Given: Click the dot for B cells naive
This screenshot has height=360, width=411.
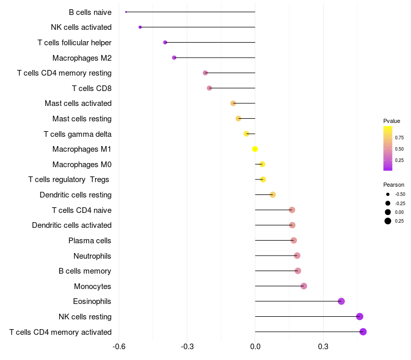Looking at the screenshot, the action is tap(126, 12).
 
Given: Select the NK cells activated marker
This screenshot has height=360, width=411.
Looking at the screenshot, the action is tap(140, 27).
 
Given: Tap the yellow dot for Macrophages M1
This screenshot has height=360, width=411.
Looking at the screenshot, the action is tap(255, 149).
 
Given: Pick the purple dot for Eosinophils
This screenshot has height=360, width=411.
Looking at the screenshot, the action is tap(341, 301).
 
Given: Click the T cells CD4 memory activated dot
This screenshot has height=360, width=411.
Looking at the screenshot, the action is tap(363, 332).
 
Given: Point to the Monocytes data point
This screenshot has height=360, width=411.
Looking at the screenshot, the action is tap(304, 286).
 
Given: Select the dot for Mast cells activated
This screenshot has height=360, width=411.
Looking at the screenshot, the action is tap(233, 103).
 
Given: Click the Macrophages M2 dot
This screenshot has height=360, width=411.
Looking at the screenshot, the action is tap(174, 58).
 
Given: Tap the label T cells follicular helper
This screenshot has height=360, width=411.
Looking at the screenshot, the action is tap(74, 43).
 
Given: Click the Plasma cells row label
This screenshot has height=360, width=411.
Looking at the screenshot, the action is tap(89, 241).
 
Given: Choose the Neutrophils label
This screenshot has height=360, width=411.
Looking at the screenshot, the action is tap(92, 256).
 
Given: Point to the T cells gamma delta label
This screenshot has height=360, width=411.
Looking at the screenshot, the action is tap(78, 134).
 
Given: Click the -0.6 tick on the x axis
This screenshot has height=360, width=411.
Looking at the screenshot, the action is tap(119, 347).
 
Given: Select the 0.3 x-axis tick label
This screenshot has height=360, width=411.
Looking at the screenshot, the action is tap(323, 347).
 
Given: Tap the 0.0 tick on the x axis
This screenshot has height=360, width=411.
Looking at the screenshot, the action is tap(255, 347).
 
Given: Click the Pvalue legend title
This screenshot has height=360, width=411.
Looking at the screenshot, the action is tap(391, 121).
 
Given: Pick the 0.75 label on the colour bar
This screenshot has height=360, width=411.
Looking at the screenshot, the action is tap(399, 138).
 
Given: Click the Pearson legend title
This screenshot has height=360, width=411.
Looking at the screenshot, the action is tap(394, 185).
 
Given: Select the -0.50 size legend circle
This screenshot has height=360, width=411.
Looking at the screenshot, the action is tap(388, 194).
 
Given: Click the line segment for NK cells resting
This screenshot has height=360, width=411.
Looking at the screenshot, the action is tap(307, 316).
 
